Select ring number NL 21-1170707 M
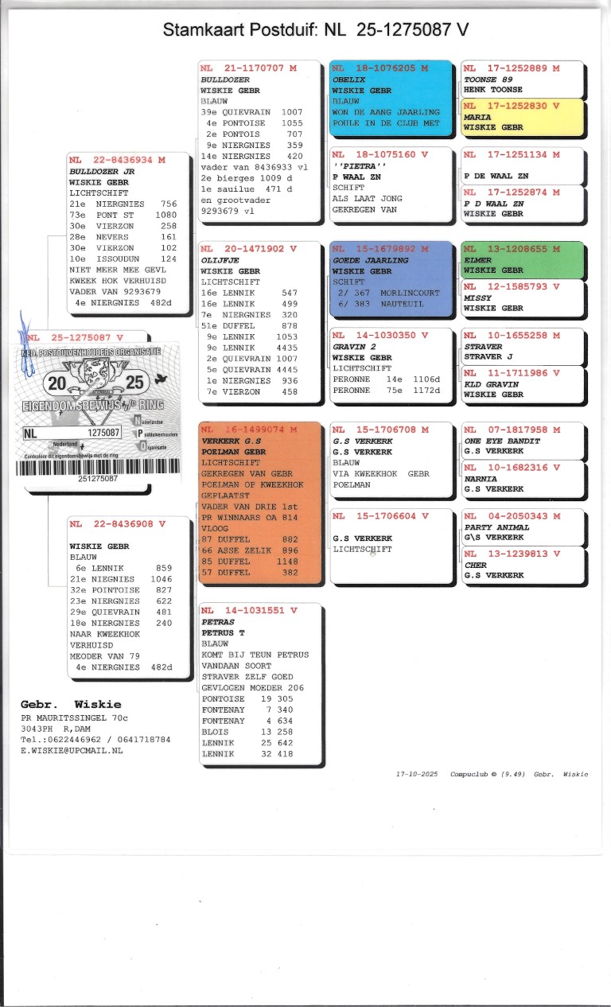click(249, 68)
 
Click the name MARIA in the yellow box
click(477, 117)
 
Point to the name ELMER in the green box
click(477, 260)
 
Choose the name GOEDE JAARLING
click(370, 260)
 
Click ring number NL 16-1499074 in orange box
click(249, 430)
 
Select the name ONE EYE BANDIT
click(502, 441)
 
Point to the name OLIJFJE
click(219, 260)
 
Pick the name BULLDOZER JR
click(102, 170)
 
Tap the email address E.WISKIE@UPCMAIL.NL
click(72, 750)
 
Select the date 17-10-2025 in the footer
click(417, 774)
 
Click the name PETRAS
click(217, 622)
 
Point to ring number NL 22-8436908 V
click(117, 524)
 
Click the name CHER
click(476, 566)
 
